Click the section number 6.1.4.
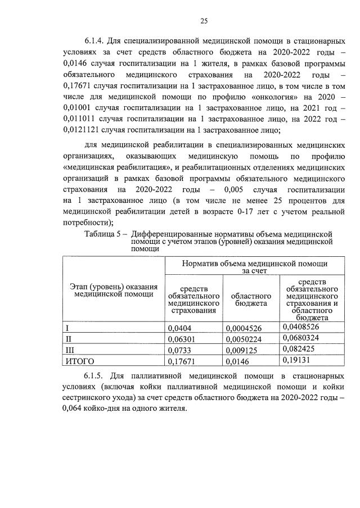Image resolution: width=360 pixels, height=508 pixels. (x=97, y=41)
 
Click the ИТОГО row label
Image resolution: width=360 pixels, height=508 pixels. (x=80, y=361)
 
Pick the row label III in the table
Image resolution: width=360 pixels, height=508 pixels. (x=70, y=350)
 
